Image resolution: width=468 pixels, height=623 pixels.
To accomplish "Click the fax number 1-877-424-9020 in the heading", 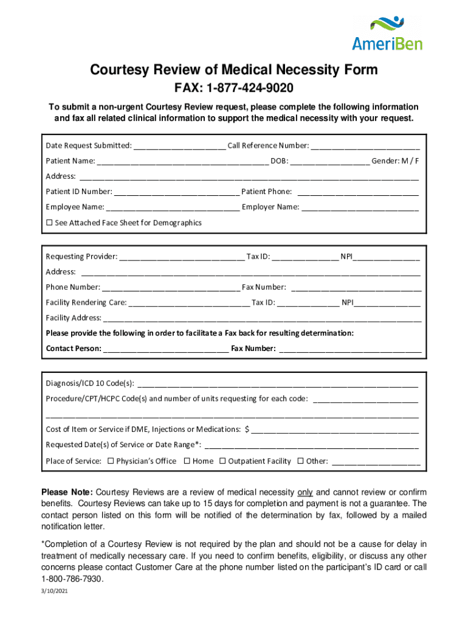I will click(x=250, y=89).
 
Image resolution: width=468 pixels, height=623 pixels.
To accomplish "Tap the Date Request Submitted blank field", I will click(x=179, y=147).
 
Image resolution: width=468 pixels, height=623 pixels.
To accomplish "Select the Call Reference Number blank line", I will click(x=365, y=147).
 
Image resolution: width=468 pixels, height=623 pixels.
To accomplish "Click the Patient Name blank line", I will click(x=182, y=162).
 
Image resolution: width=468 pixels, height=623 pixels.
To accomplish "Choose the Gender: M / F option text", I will click(x=396, y=161).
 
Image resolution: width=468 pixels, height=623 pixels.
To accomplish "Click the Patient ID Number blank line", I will click(x=176, y=192).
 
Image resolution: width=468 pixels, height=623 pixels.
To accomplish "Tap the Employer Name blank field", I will click(x=360, y=207).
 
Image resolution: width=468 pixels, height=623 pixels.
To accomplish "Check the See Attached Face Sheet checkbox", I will click(x=50, y=223).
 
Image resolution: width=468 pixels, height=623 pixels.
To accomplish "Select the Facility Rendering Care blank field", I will click(x=189, y=303).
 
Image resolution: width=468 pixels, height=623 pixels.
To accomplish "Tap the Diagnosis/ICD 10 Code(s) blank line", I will click(x=278, y=385).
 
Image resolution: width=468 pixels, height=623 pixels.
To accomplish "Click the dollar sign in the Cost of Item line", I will click(x=247, y=430).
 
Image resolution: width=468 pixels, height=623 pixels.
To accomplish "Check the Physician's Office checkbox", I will click(x=111, y=461).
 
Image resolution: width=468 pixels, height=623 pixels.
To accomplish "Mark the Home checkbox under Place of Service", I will click(x=187, y=461).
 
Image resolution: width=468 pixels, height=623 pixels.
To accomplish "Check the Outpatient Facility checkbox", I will click(x=222, y=461).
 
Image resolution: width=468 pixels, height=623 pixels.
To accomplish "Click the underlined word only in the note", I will click(x=305, y=492).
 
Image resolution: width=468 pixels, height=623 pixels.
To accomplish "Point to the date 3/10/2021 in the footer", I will click(x=55, y=590).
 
